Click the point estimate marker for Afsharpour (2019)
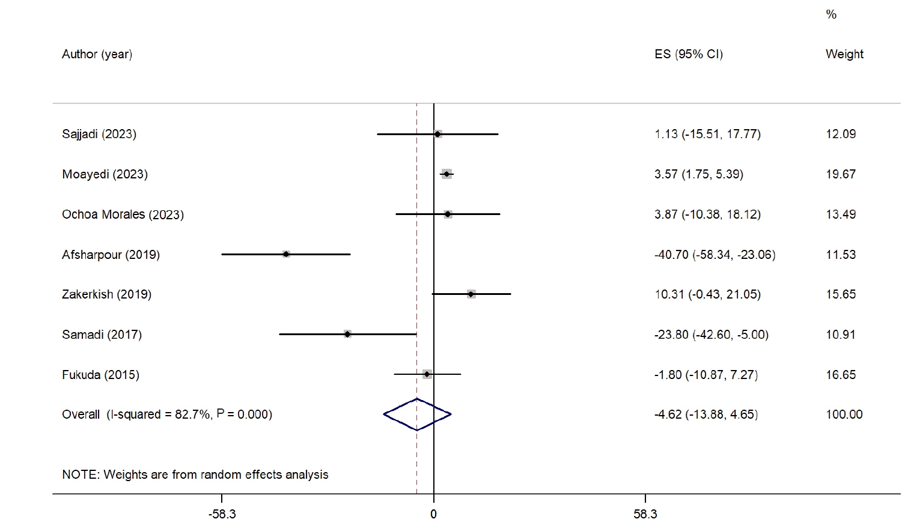286,254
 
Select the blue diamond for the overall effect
417,414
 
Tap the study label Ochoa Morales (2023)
123,214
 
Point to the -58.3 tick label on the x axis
222,515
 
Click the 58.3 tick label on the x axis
645,515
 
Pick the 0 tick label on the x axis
433,515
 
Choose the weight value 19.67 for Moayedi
841,174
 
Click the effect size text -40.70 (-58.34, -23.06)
714,255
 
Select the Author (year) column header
97,54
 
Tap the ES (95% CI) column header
688,54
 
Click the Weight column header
844,54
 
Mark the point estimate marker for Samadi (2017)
347,334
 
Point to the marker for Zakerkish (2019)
471,294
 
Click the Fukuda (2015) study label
100,375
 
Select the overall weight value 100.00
844,414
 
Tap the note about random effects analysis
195,475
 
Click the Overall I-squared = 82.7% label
166,414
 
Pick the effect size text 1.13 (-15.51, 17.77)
707,134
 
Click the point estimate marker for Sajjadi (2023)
437,134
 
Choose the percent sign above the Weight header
831,14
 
